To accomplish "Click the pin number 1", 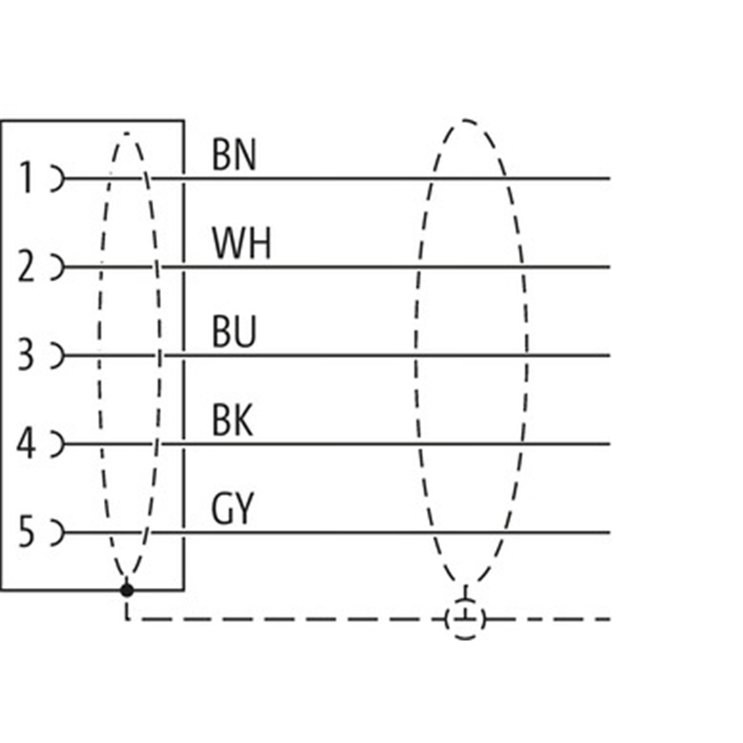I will pyautogui.click(x=26, y=176).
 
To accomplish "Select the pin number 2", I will pyautogui.click(x=26, y=267).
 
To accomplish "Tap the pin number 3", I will pyautogui.click(x=26, y=355).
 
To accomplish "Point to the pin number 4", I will pyautogui.click(x=26, y=444).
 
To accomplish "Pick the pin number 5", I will pyautogui.click(x=26, y=532).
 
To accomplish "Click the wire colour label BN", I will pyautogui.click(x=233, y=156).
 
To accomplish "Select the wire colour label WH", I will pyautogui.click(x=241, y=244).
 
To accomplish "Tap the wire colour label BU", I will pyautogui.click(x=233, y=332).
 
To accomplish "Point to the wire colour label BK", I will pyautogui.click(x=232, y=422).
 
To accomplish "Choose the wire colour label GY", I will pyautogui.click(x=232, y=510).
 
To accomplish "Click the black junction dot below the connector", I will pyautogui.click(x=127, y=590).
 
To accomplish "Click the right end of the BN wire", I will pyautogui.click(x=608, y=177).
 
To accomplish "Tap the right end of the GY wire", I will pyautogui.click(x=608, y=532).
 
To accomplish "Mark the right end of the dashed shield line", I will pyautogui.click(x=608, y=619).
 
